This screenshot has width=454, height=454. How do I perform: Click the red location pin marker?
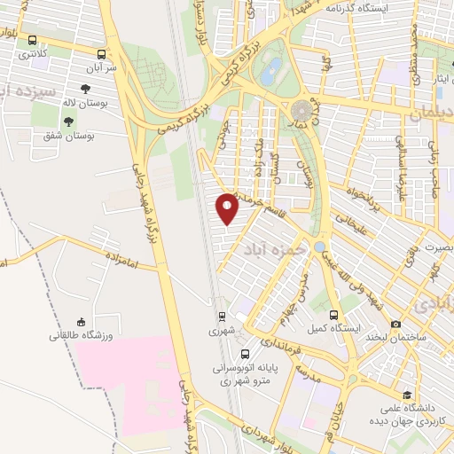tap(228, 208)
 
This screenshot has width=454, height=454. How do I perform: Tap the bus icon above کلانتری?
tap(33, 41)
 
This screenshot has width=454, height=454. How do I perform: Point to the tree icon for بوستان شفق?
tap(68, 121)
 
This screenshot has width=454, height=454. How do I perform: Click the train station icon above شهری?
tap(223, 317)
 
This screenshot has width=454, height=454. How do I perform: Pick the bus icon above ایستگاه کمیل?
tap(333, 315)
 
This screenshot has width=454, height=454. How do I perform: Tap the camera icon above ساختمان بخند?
tap(395, 325)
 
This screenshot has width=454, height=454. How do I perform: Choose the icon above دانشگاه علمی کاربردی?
tap(407, 395)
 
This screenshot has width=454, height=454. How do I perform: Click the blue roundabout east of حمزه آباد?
tap(319, 246)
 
